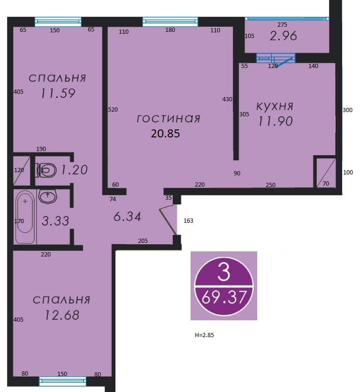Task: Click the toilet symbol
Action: (46, 170)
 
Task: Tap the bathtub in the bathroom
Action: (25, 217)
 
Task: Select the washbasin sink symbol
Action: (48, 196)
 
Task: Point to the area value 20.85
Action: (165, 134)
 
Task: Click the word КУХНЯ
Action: (275, 106)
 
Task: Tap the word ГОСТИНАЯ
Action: (169, 119)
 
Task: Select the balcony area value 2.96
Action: (283, 36)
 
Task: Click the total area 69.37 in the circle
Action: (224, 297)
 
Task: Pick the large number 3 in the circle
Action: (224, 272)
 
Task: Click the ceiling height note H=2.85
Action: (204, 335)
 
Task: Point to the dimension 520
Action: (113, 110)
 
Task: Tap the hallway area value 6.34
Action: (127, 217)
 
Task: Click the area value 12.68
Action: (62, 315)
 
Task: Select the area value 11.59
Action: (58, 93)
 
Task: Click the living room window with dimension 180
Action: (170, 21)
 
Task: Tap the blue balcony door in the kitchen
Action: (276, 59)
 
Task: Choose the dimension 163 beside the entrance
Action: (188, 221)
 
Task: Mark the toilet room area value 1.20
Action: (75, 170)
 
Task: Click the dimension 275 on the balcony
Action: (282, 24)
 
